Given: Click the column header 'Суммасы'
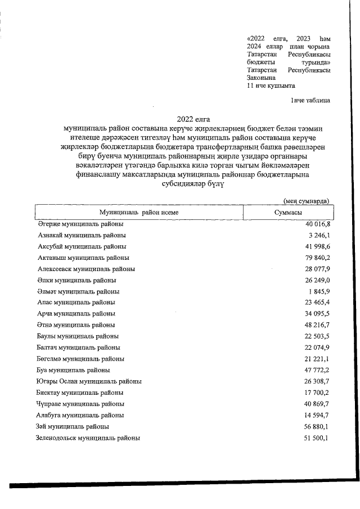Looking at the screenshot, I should pyautogui.click(x=288, y=213).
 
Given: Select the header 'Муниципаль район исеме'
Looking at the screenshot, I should pyautogui.click(x=139, y=213).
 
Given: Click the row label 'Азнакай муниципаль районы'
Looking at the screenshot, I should pyautogui.click(x=82, y=235).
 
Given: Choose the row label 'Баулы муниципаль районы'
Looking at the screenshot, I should pyautogui.click(x=78, y=336).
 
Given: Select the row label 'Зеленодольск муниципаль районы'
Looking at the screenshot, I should pyautogui.click(x=88, y=438).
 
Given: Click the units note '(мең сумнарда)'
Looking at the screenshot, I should pyautogui.click(x=307, y=201).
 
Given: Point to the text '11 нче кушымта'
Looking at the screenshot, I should pyautogui.click(x=271, y=85).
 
